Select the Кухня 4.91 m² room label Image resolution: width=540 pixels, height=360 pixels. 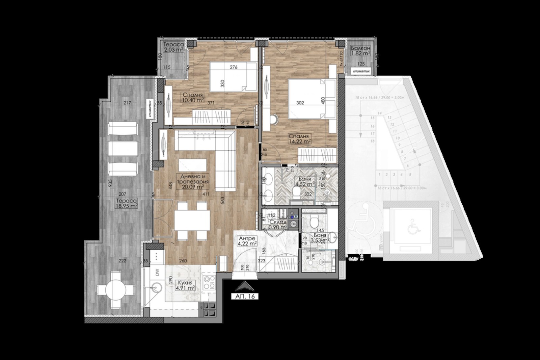click(185, 285)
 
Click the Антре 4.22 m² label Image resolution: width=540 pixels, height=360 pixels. click(246, 240)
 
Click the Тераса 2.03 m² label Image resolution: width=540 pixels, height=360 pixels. click(173, 47)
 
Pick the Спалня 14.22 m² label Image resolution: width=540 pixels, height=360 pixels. click(299, 139)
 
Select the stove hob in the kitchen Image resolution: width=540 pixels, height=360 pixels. click(209, 283)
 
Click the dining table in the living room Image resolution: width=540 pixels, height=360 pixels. click(192, 221)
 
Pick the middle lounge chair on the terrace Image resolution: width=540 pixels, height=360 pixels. click(123, 148)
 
